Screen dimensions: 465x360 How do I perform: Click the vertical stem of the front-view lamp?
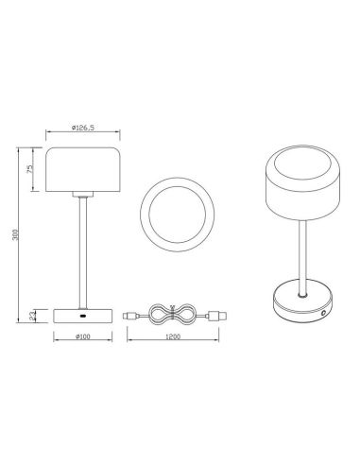pos(84,246)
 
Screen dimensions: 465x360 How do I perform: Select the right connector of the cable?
pos(219,312)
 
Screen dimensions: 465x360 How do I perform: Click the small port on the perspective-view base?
pos(323,309)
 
